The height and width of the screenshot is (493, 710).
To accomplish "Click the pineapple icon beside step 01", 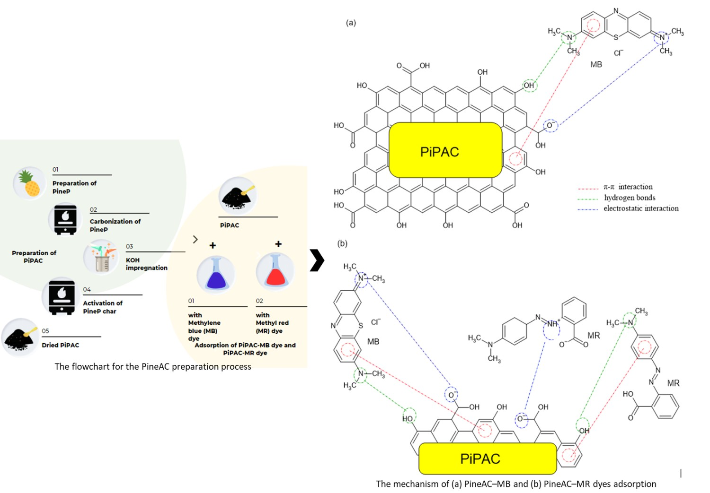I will [x=29, y=183].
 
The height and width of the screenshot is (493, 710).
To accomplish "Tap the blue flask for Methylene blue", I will [x=216, y=274].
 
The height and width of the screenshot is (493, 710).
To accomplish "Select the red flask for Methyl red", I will [x=275, y=271].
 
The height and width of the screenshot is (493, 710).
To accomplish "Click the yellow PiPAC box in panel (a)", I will [x=445, y=150].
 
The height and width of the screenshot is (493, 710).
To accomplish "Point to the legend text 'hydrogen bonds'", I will [x=630, y=198].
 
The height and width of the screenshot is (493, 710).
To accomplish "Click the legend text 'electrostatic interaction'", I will [x=640, y=208].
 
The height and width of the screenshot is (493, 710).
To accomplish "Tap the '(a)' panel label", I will [x=351, y=22].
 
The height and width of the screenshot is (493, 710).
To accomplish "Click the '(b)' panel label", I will [x=342, y=243].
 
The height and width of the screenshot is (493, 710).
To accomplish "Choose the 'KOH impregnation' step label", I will [x=146, y=264].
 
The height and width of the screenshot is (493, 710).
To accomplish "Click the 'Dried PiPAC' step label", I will [x=60, y=345].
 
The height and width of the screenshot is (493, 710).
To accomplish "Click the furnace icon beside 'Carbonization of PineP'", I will [x=65, y=219].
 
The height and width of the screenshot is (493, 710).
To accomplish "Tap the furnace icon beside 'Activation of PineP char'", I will [x=62, y=297].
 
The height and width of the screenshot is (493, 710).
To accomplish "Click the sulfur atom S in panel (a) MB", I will [x=616, y=37].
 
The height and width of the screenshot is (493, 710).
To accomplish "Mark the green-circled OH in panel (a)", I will [x=529, y=86].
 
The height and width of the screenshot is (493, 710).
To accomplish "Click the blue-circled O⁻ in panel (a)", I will [x=550, y=126].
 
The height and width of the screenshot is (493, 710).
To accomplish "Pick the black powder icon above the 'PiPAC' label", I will [x=238, y=196].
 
